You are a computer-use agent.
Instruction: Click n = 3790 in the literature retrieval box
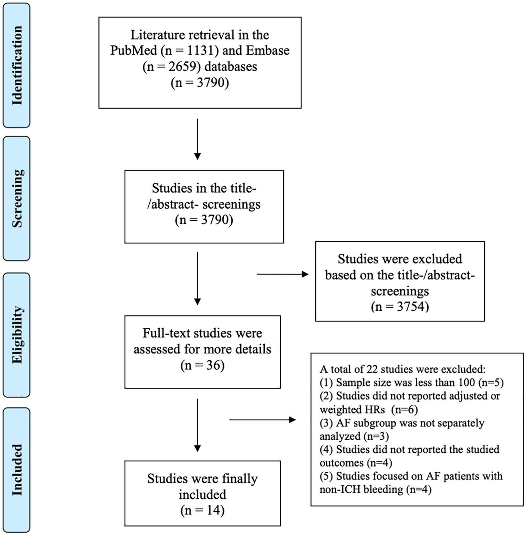coord(200,83)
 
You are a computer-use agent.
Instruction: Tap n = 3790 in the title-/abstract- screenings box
coord(204,220)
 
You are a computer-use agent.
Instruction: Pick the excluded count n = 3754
coord(400,307)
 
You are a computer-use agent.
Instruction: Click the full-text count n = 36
coord(202,365)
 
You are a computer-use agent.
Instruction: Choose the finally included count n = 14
coord(202,510)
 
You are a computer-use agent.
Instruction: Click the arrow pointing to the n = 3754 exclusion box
coord(283,274)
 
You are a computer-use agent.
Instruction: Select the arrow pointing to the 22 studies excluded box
coord(262,420)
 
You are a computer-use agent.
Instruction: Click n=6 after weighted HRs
coord(404,409)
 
